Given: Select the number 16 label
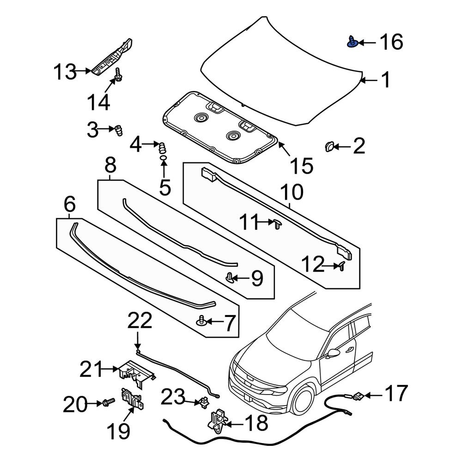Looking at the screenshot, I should (391, 42).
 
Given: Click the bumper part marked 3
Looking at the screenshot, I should (118, 130).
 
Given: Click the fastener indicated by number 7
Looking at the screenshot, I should (201, 320).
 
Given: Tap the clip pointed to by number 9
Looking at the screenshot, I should (229, 278).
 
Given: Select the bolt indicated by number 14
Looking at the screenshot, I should (118, 75).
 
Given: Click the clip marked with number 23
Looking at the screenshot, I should (203, 402).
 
